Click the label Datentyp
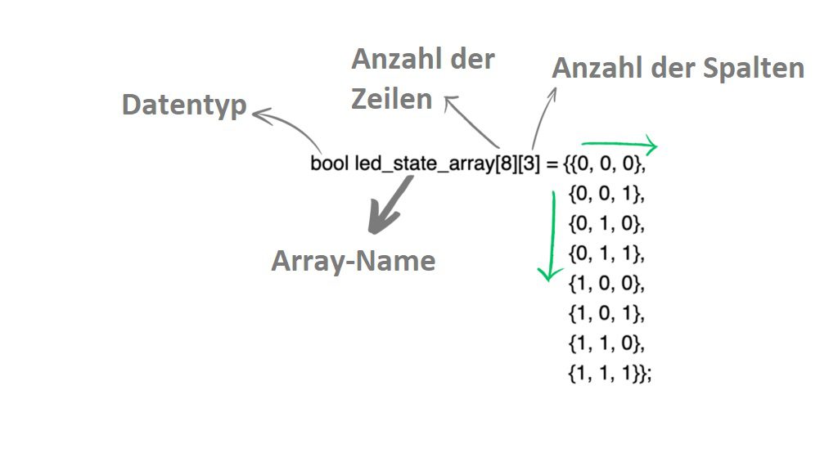184,105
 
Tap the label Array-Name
353,261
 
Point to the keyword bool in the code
329,164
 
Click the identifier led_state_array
425,164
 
